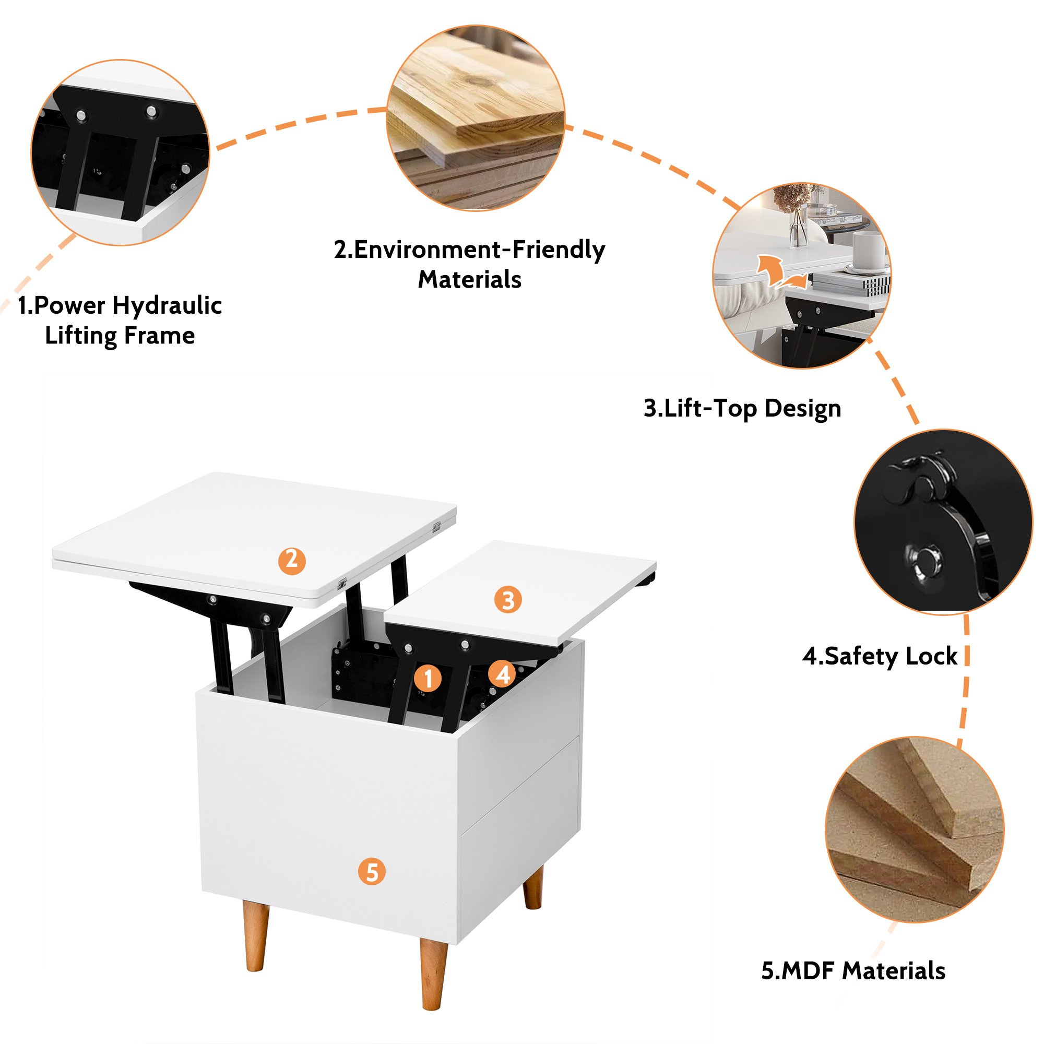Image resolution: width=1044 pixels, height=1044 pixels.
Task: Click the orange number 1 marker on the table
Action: [x=429, y=679]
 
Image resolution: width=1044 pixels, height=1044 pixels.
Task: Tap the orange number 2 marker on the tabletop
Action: [x=292, y=560]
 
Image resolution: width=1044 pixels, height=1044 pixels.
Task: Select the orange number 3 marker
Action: [x=508, y=600]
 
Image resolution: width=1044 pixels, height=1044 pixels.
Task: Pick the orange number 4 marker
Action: [x=503, y=674]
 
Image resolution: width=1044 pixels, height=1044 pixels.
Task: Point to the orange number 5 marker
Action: [x=372, y=871]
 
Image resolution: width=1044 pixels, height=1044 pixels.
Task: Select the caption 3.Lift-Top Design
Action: [x=742, y=409]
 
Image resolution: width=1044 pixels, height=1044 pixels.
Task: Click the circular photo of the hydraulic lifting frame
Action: [x=120, y=152]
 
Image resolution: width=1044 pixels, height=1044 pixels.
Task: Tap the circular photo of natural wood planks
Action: [x=476, y=118]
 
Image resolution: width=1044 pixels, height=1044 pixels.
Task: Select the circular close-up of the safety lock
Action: [x=943, y=522]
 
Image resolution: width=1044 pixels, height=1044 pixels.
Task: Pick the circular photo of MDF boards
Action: [x=915, y=829]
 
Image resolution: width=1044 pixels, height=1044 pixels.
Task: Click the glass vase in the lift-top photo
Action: [x=798, y=227]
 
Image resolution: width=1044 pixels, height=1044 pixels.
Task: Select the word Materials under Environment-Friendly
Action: [x=470, y=280]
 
